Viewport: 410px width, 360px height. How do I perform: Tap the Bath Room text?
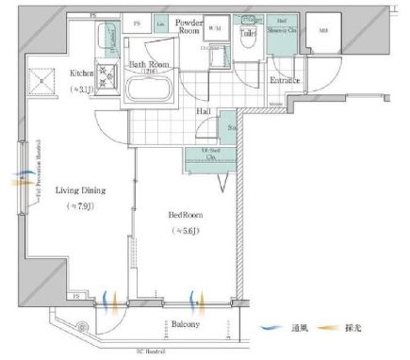[x=147, y=63]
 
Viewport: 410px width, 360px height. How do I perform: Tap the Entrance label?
[x=286, y=80]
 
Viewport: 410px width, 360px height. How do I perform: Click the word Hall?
[x=204, y=110]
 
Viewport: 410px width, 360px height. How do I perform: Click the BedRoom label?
[x=189, y=216]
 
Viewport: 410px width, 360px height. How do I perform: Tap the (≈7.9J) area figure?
[x=79, y=205]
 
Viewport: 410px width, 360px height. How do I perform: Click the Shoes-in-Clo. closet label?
[x=283, y=31]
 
